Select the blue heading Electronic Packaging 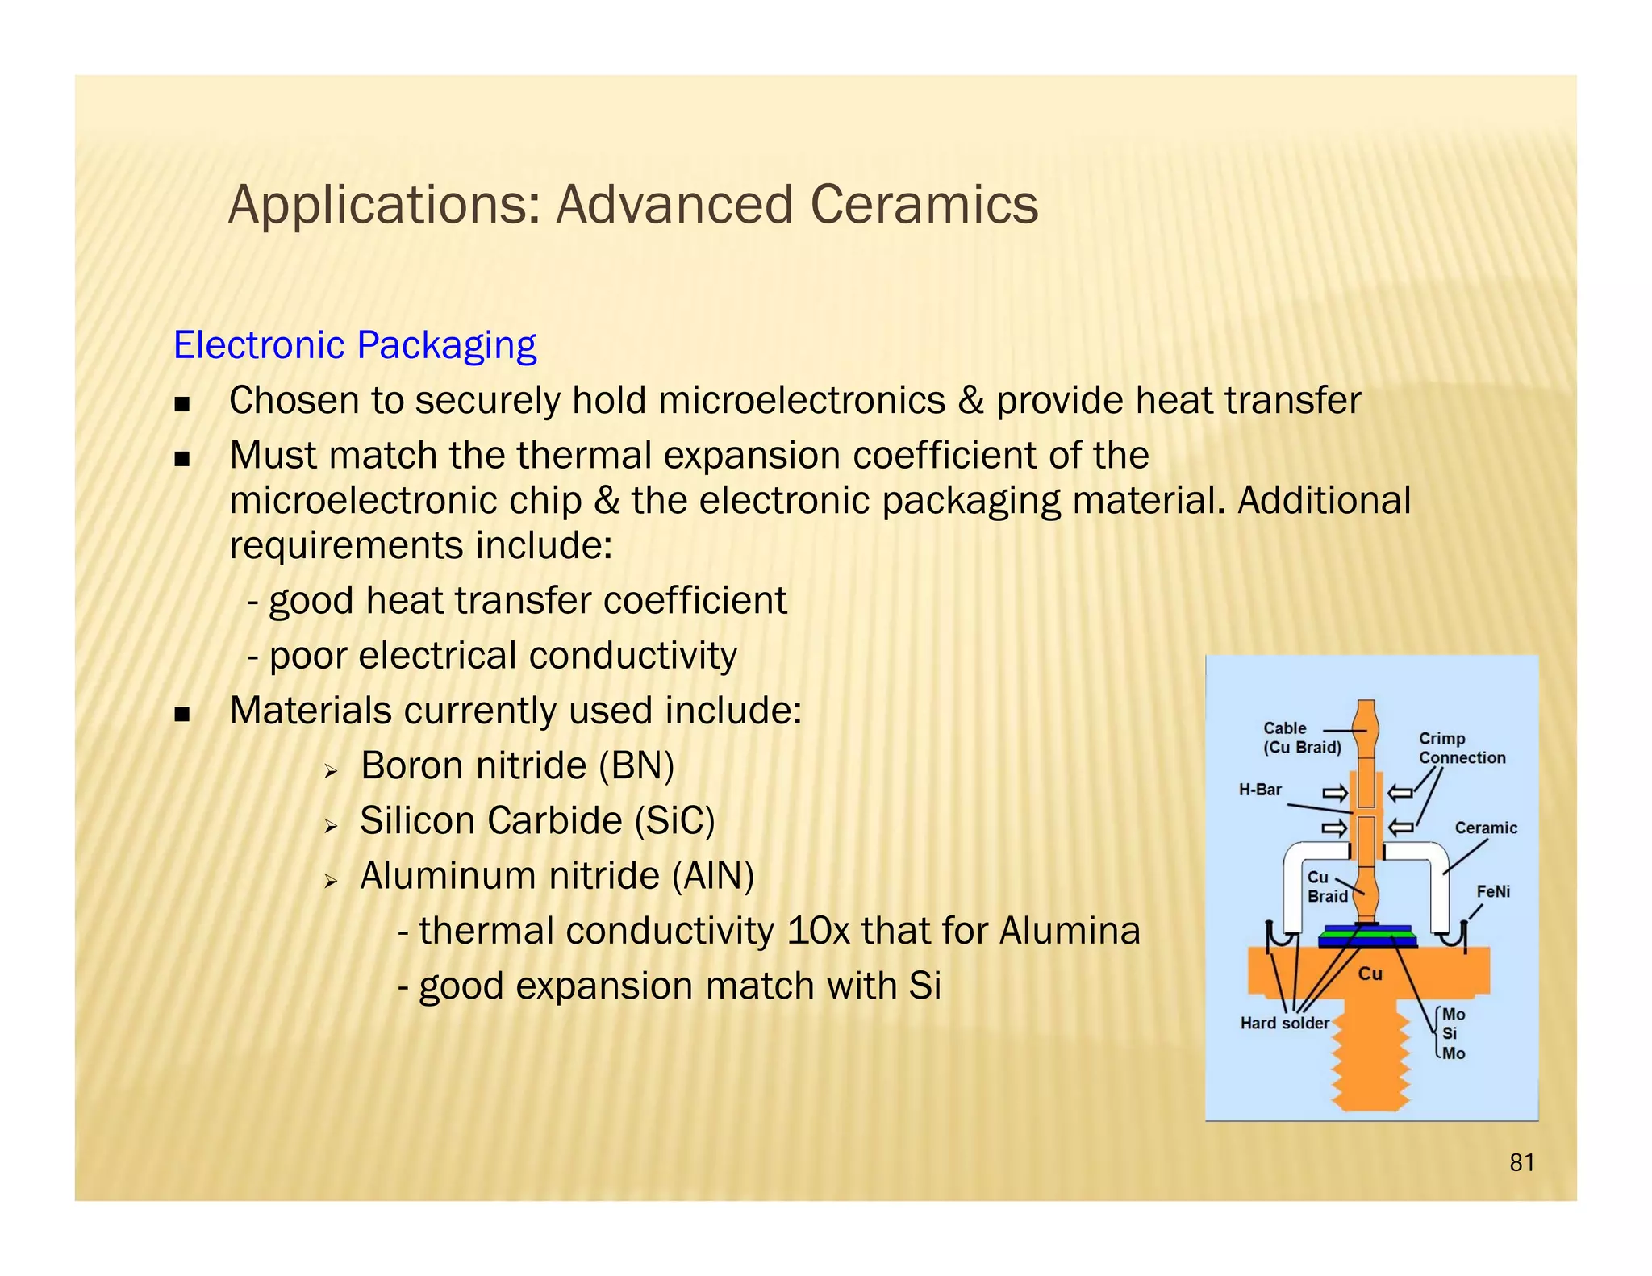[355, 345]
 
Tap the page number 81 [1521, 1162]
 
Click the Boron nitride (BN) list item [516, 765]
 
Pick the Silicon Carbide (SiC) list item [537, 820]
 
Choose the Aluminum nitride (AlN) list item [557, 876]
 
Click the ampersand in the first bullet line [970, 401]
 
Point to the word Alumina [1070, 931]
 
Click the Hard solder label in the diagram [1284, 1023]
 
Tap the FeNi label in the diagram [1492, 891]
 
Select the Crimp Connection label [1461, 748]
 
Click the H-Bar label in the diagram [1260, 790]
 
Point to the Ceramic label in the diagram [1485, 828]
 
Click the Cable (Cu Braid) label [1300, 737]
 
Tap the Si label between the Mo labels [1450, 1033]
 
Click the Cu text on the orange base [1370, 974]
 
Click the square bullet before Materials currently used [182, 714]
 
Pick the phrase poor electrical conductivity [503, 656]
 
